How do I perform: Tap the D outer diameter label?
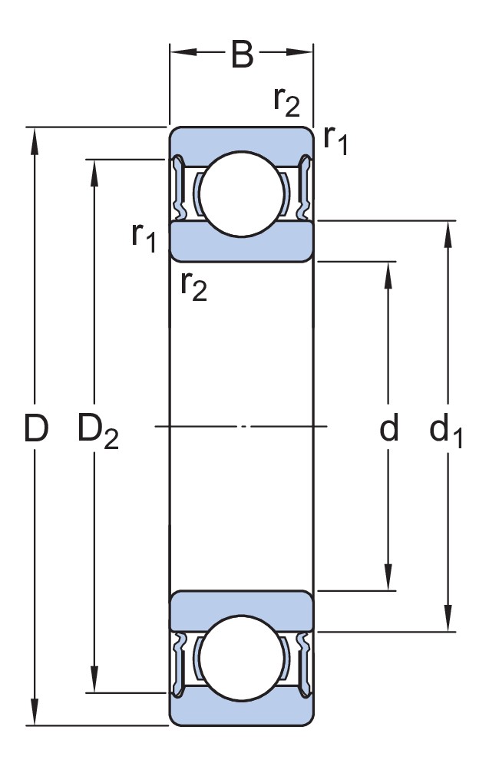pyautogui.click(x=36, y=428)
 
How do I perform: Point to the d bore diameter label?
pyautogui.click(x=388, y=428)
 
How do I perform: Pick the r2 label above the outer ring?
pyautogui.click(x=286, y=101)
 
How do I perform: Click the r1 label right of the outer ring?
pyautogui.click(x=335, y=139)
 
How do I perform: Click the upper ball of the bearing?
pyautogui.click(x=242, y=194)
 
